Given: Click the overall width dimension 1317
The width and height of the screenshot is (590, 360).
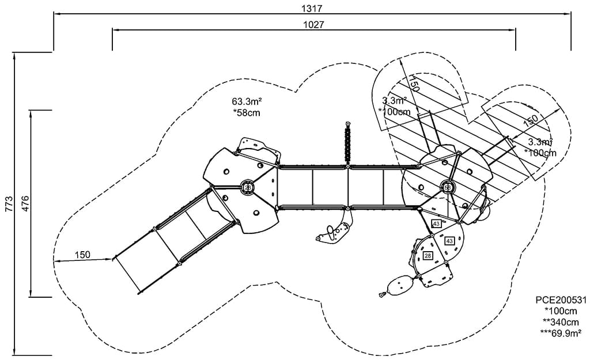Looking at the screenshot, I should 312,8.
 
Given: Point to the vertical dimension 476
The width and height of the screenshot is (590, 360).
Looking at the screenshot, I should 25,203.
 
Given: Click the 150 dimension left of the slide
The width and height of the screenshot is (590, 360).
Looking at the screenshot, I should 82,255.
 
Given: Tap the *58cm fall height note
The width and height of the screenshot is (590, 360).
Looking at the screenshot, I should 246,113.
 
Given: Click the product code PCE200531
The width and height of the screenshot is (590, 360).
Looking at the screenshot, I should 561,300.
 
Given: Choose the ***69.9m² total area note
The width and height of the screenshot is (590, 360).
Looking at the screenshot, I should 560,332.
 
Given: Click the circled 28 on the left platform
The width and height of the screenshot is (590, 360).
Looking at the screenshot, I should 248,187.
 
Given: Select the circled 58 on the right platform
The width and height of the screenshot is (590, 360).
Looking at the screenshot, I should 447,187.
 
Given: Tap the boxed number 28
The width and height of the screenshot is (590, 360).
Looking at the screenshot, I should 428,255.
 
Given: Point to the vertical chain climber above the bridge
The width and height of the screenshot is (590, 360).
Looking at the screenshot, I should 347,144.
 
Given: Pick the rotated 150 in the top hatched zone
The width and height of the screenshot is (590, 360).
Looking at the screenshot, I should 413,84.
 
